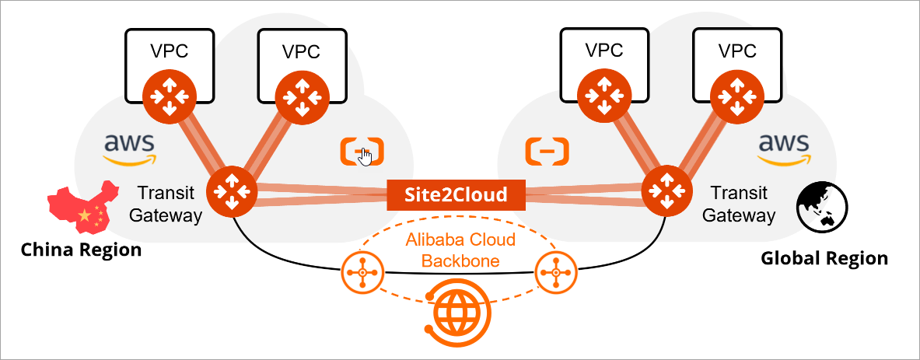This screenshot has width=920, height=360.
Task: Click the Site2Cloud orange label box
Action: pyautogui.click(x=457, y=194)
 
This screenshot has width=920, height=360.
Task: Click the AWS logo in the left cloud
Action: pyautogui.click(x=128, y=149)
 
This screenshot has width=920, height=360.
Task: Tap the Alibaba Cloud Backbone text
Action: pyautogui.click(x=461, y=250)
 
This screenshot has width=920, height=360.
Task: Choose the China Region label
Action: pyautogui.click(x=82, y=250)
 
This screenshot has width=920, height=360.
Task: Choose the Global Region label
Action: pyautogui.click(x=824, y=258)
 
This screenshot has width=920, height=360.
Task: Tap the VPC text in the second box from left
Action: pyautogui.click(x=301, y=51)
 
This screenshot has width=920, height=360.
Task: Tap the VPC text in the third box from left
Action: pyautogui.click(x=604, y=50)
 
